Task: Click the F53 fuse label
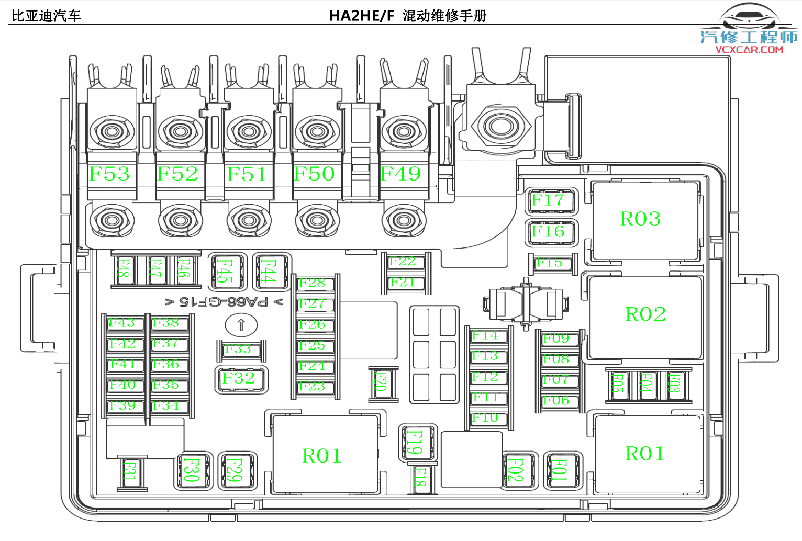pyautogui.click(x=109, y=174)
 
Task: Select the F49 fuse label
pyautogui.click(x=400, y=174)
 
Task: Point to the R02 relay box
pyautogui.click(x=645, y=314)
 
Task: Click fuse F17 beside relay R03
pyautogui.click(x=549, y=200)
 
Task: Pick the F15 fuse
pyautogui.click(x=549, y=263)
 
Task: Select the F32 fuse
pyautogui.click(x=239, y=378)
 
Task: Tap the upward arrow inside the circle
pyautogui.click(x=241, y=325)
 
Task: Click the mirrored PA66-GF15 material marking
pyautogui.click(x=224, y=302)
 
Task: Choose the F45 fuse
pyautogui.click(x=226, y=271)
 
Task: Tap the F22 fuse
pyautogui.click(x=403, y=262)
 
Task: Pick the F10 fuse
pyautogui.click(x=485, y=418)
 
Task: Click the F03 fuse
pyautogui.click(x=675, y=385)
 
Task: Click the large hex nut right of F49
pyautogui.click(x=501, y=126)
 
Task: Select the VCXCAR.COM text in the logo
pyautogui.click(x=749, y=50)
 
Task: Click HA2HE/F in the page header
pyautogui.click(x=361, y=16)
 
